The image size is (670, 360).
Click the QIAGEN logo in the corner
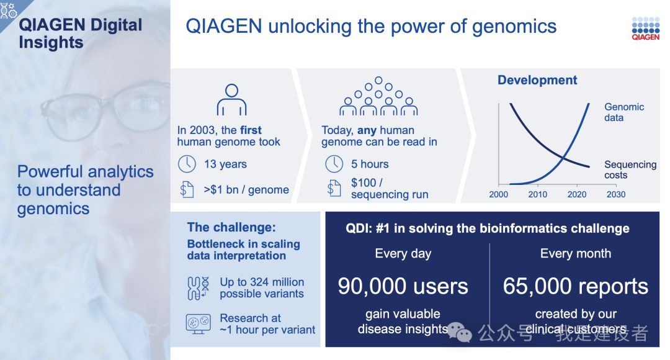pyautogui.click(x=646, y=29)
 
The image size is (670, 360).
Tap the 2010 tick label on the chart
pyautogui.click(x=537, y=194)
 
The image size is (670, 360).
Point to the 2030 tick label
pyautogui.click(x=616, y=194)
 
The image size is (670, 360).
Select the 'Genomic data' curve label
pyautogui.click(x=624, y=112)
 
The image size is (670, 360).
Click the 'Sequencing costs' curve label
pyautogui.click(x=630, y=169)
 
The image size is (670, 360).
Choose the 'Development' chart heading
pyautogui.click(x=537, y=80)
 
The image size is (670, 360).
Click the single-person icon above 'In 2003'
pyautogui.click(x=231, y=99)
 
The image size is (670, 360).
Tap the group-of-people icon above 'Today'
pyautogui.click(x=378, y=96)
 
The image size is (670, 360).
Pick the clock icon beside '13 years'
pyautogui.click(x=187, y=164)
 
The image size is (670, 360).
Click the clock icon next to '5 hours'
pyautogui.click(x=334, y=164)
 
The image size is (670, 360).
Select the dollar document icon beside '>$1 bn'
pyautogui.click(x=187, y=189)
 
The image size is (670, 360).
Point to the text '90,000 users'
pyautogui.click(x=403, y=286)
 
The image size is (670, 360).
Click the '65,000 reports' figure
pyautogui.click(x=576, y=286)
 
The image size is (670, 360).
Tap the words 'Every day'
pyautogui.click(x=403, y=253)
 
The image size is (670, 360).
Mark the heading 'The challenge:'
pyautogui.click(x=231, y=227)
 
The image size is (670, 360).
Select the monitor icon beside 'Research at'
pyautogui.click(x=199, y=323)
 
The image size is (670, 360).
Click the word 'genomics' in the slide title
pyautogui.click(x=514, y=27)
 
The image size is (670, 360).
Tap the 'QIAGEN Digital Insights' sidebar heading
pyautogui.click(x=80, y=34)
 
